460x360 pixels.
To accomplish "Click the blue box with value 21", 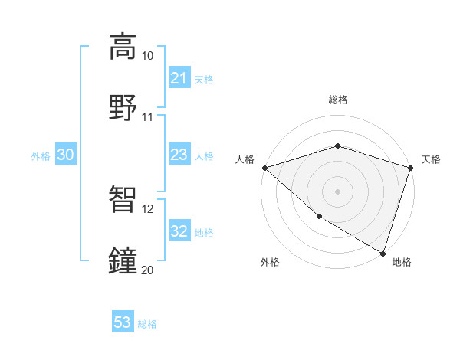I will (179, 78).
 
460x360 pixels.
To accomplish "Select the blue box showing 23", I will (179, 155).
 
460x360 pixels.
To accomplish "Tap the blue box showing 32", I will (179, 232).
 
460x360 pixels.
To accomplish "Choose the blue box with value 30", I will (66, 155).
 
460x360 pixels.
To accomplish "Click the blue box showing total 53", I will (123, 322).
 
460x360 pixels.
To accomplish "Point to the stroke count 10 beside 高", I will (147, 56).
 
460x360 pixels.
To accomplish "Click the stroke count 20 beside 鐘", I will (147, 269).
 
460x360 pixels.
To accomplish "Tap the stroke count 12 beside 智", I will (147, 208).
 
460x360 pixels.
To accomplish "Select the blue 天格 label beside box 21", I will (204, 79).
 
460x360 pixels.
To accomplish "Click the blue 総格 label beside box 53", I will (147, 323).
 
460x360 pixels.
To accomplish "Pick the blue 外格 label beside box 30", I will (41, 156).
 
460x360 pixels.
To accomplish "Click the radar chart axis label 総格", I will (337, 100).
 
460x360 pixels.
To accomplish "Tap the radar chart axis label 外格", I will (270, 263).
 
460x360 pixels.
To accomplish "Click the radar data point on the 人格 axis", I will (264, 168).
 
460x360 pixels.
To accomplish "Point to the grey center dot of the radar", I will (337, 191).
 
